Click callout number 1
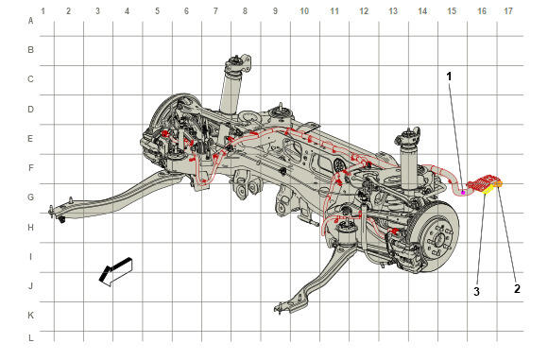tap(449, 76)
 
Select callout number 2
tap(517, 289)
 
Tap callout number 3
tap(477, 291)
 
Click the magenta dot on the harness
tap(463, 192)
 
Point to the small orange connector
tap(499, 183)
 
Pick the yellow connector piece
tap(488, 189)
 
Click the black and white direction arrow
tap(115, 271)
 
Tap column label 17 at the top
tap(507, 11)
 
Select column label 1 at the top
tap(43, 11)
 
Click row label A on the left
tap(31, 21)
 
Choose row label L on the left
tap(31, 338)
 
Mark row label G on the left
tap(31, 197)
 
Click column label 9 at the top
tap(275, 11)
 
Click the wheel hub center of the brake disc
tap(438, 241)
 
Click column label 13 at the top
tap(393, 11)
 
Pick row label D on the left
tap(31, 110)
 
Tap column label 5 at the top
tap(157, 11)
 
